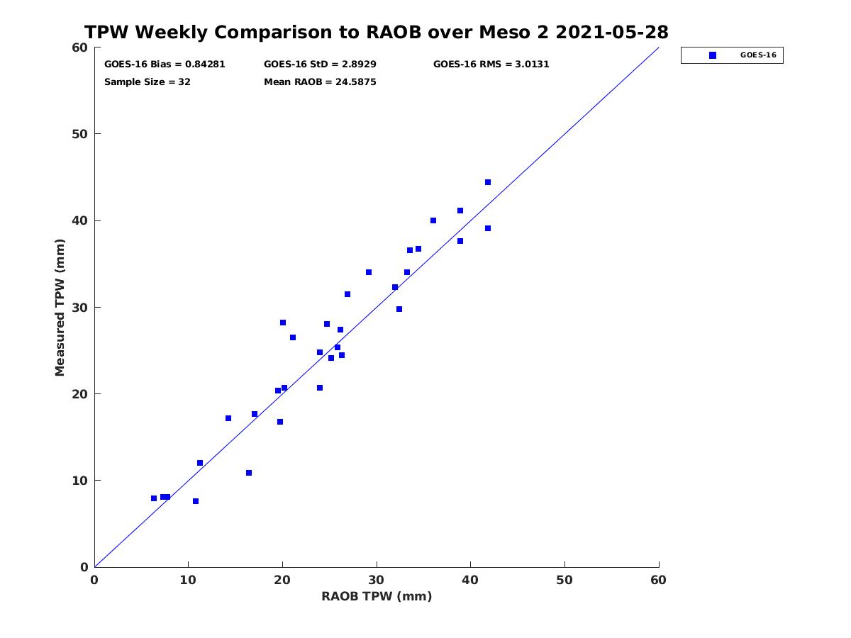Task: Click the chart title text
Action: (376, 32)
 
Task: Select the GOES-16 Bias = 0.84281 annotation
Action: (165, 65)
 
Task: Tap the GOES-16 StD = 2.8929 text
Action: (320, 65)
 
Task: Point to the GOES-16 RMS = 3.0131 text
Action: (491, 65)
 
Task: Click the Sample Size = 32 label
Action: (148, 82)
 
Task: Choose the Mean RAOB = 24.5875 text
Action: (320, 82)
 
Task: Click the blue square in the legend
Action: (713, 55)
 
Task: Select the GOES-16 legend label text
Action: (758, 55)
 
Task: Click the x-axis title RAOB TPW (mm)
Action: (377, 596)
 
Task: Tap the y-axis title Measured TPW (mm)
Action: (60, 308)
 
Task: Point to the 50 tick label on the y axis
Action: (80, 134)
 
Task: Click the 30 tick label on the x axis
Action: (377, 580)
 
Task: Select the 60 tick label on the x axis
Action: (658, 580)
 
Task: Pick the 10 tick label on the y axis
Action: (80, 481)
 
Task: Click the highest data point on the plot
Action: (488, 182)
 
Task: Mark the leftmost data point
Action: (154, 498)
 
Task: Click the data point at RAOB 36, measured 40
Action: (433, 220)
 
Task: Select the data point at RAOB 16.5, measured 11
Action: (249, 473)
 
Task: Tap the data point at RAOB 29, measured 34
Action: (369, 273)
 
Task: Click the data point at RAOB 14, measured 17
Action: (228, 418)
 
